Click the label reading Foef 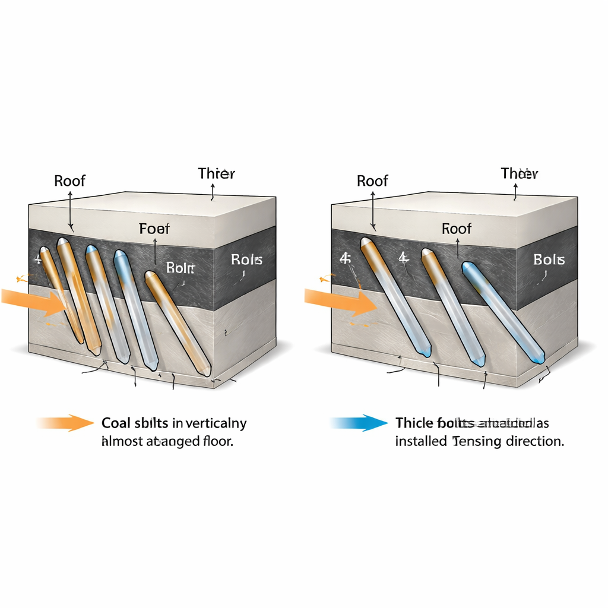click(x=154, y=229)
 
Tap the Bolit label click(x=180, y=267)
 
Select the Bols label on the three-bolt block click(x=549, y=259)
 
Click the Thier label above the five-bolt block click(x=216, y=173)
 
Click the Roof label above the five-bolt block click(x=70, y=180)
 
